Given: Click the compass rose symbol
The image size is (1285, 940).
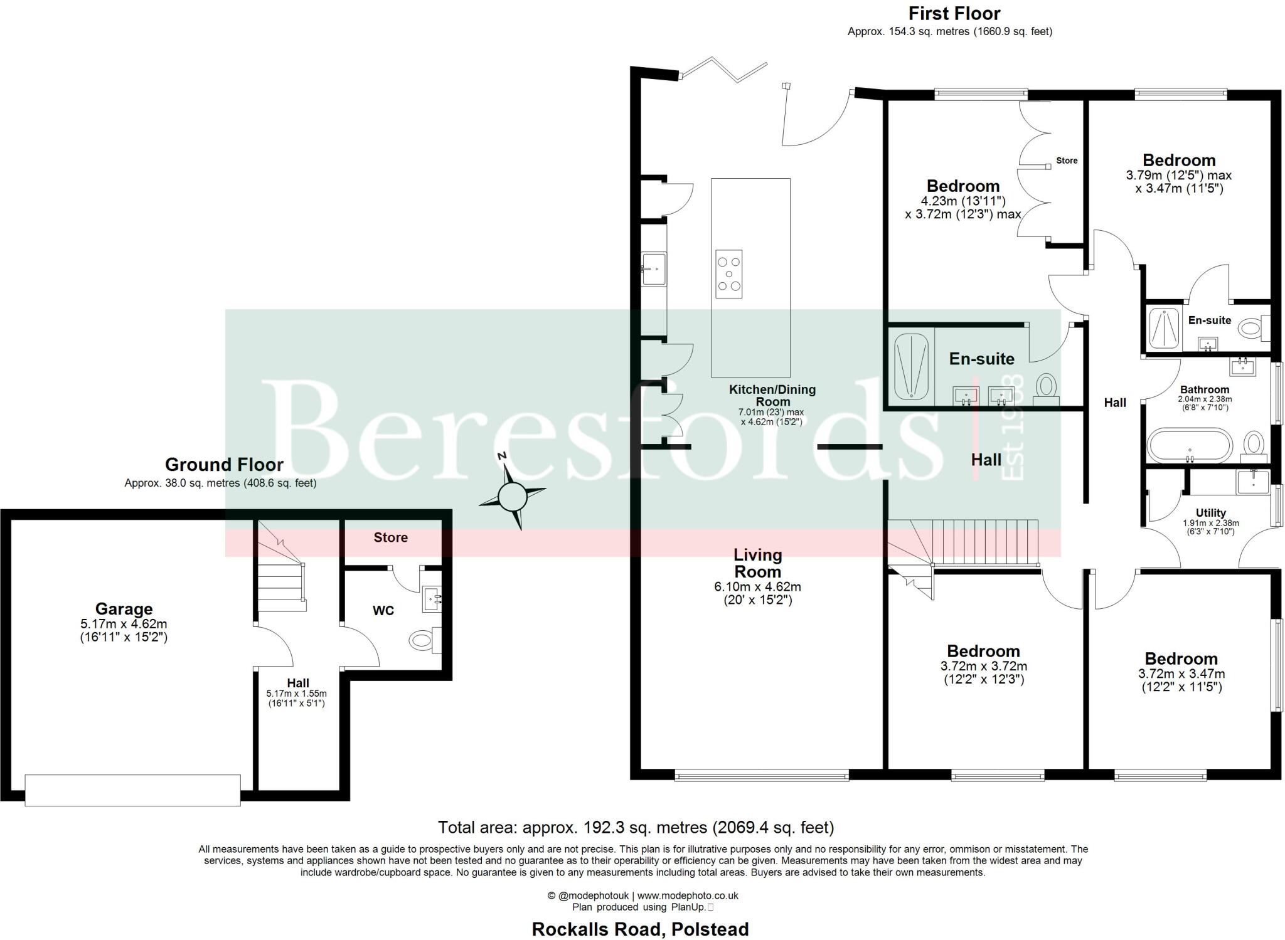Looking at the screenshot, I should (512, 497).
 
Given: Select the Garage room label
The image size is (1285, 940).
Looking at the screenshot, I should (124, 609).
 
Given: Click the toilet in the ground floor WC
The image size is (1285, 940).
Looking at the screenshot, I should (422, 640).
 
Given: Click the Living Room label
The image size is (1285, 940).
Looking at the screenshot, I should (758, 563).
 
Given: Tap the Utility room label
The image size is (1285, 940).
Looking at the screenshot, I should (1210, 512).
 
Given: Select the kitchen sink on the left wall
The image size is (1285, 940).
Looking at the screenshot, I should (653, 268).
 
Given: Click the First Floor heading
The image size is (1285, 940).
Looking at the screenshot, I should (949, 13).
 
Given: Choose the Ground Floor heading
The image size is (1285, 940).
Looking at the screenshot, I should (224, 465).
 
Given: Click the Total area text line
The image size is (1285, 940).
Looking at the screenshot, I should (636, 828).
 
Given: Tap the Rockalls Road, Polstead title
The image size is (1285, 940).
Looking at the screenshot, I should (640, 929).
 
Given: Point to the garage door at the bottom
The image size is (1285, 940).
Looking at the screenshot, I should (132, 790).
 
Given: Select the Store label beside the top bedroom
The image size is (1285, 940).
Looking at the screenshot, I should (1067, 161).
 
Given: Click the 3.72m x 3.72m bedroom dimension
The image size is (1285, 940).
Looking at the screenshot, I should (983, 666).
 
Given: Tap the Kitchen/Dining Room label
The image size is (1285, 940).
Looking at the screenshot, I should (772, 395).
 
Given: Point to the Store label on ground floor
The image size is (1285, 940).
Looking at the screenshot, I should (390, 537).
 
